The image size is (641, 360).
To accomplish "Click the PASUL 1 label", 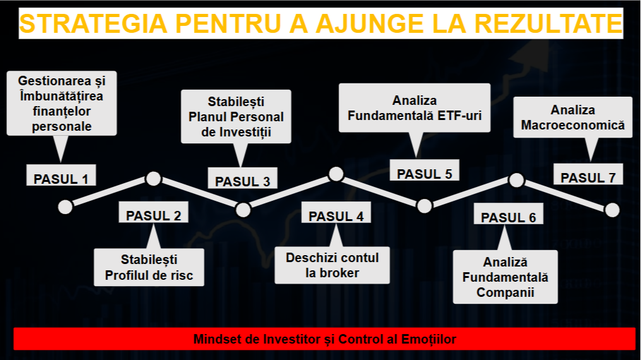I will click(x=61, y=178).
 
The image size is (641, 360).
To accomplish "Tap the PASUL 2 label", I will click(x=153, y=215).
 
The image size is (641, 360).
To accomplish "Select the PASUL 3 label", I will click(x=243, y=181).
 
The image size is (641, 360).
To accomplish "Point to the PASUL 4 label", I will click(x=336, y=216).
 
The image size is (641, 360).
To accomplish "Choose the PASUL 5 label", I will click(x=424, y=174).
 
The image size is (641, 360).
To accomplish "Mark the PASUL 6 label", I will click(x=508, y=217).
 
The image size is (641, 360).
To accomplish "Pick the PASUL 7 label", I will click(x=588, y=177).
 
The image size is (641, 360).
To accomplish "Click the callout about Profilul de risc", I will click(x=149, y=267).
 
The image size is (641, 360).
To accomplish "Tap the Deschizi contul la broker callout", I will click(x=332, y=265).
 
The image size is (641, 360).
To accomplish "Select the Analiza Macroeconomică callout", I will click(x=573, y=117).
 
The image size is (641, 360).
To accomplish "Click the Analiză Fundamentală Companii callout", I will click(x=505, y=277).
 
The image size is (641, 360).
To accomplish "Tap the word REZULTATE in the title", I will click(x=547, y=24).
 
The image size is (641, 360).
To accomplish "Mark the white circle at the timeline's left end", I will click(x=65, y=207).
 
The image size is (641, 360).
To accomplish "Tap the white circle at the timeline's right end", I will click(x=612, y=210).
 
